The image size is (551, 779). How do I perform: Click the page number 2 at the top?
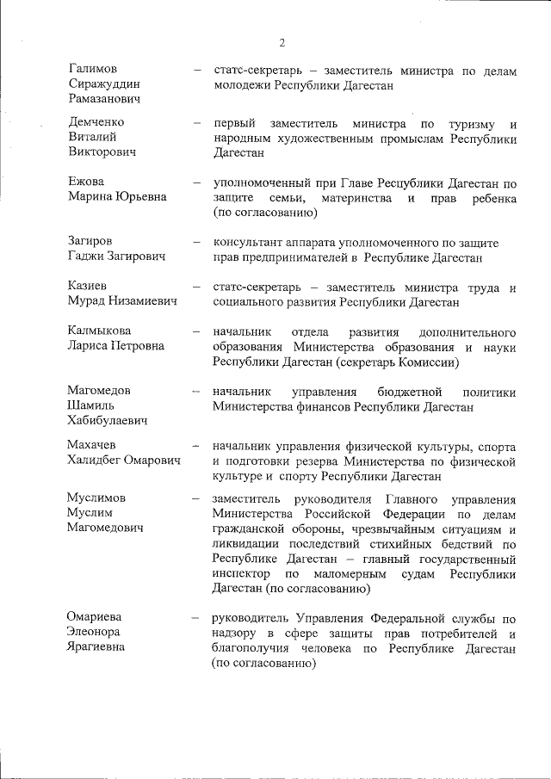point(282,43)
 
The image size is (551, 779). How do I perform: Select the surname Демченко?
point(97,121)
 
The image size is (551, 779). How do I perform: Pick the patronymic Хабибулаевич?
point(107,420)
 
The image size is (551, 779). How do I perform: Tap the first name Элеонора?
point(96,631)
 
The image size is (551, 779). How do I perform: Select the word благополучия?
point(250,648)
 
